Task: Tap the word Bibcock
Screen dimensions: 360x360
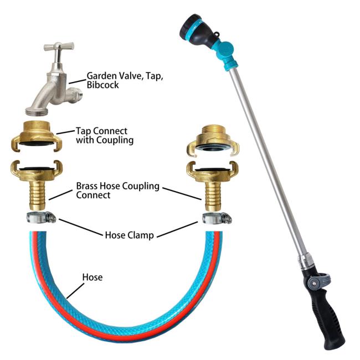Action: coord(102,85)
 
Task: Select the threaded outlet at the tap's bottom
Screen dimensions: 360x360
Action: coord(37,111)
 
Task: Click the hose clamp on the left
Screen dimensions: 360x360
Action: coord(42,217)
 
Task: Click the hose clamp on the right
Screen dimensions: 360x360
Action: coord(217,218)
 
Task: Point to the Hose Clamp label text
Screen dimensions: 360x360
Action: coord(129,235)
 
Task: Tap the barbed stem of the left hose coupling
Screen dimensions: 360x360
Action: coord(38,195)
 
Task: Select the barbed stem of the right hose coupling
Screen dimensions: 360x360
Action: coord(213,196)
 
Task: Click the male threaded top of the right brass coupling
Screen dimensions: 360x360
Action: coord(213,131)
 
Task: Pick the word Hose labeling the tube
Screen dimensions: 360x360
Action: coord(92,277)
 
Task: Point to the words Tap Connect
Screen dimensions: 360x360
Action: coord(101,131)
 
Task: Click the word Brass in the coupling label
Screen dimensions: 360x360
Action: coord(88,186)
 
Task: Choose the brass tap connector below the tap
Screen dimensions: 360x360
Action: coord(37,136)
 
